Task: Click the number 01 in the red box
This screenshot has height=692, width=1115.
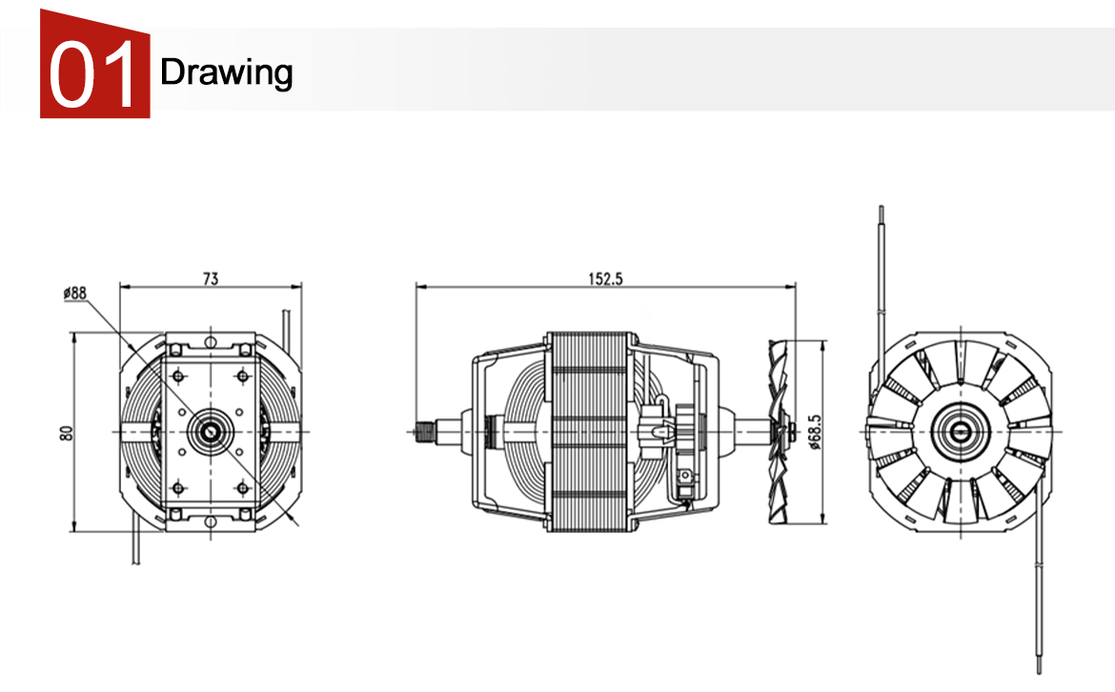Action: click(x=94, y=72)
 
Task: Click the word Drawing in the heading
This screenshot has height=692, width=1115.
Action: click(x=227, y=71)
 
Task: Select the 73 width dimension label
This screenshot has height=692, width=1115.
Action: click(x=210, y=278)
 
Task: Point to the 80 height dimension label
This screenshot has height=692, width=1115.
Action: click(x=66, y=432)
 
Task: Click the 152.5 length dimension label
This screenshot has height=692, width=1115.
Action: click(x=605, y=278)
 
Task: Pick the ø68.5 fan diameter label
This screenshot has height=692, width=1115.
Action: click(x=813, y=431)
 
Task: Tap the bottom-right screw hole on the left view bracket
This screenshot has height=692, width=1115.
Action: click(x=242, y=488)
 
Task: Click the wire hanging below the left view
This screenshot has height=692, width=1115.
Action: click(x=132, y=548)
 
